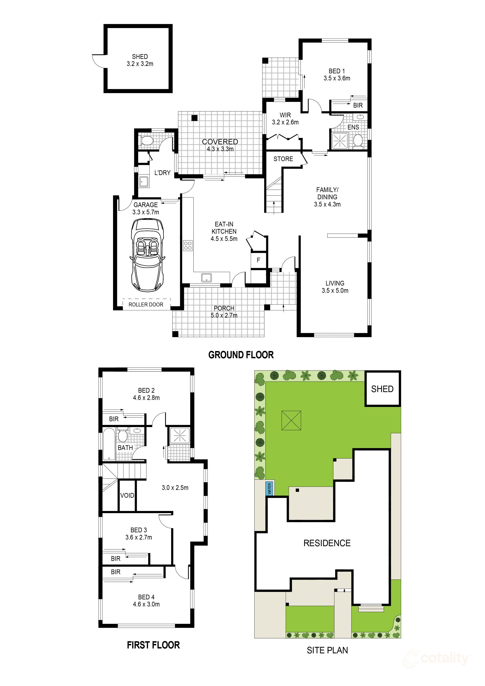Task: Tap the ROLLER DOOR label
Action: (146, 304)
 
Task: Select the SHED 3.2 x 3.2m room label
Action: (140, 60)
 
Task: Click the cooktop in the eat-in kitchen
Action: (188, 246)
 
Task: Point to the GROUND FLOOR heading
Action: (241, 355)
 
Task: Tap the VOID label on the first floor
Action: (127, 495)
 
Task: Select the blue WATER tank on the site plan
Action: (269, 488)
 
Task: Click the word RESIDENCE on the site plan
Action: (327, 543)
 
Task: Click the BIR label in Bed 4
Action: (116, 572)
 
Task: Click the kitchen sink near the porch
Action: (207, 277)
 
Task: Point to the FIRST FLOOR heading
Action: (153, 645)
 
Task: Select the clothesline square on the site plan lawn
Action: (291, 421)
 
